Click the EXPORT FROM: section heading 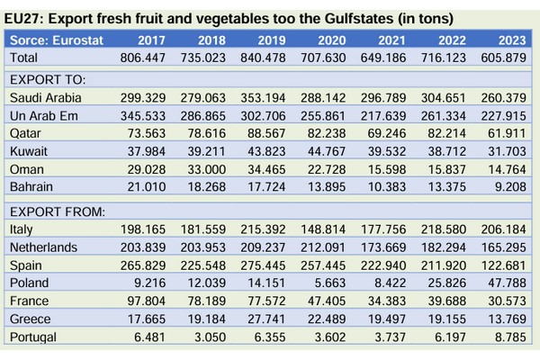57,212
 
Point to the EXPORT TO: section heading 45,80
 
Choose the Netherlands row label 42,247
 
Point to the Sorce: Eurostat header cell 57,40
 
